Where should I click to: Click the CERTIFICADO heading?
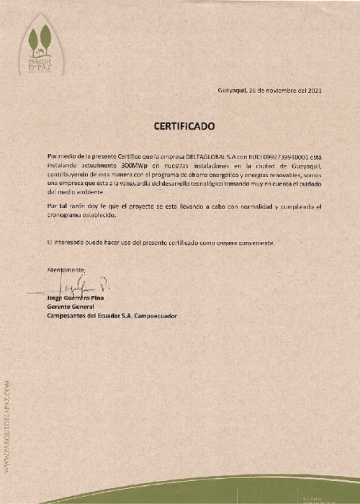coord(184,126)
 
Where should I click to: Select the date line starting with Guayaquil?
coord(269,91)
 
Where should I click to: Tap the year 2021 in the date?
coord(315,91)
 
